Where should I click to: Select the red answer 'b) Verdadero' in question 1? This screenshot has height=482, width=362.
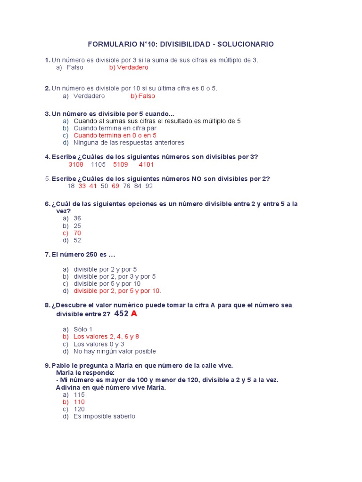(129, 67)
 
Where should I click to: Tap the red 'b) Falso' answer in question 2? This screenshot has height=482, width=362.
(143, 96)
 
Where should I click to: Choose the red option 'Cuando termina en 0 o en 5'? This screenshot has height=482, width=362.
(115, 135)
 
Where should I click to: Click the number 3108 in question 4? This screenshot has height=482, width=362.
(76, 164)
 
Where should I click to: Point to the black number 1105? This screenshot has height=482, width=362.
(98, 164)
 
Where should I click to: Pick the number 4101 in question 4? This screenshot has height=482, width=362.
(146, 164)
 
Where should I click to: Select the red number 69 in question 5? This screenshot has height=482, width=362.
(115, 186)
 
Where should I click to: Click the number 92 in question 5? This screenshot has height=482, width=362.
(149, 186)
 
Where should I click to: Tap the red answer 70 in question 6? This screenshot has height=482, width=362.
(77, 233)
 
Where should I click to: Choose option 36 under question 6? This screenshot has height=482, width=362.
(77, 218)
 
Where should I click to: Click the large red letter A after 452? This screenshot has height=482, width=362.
(134, 314)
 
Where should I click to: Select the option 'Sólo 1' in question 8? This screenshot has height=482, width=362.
(83, 329)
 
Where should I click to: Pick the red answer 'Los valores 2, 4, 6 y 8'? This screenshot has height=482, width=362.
(106, 337)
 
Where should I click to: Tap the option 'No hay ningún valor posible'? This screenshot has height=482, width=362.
(115, 351)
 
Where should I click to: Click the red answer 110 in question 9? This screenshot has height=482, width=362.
(79, 402)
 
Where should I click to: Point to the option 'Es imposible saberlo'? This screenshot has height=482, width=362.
(104, 417)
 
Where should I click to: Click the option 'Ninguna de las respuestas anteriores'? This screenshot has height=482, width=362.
(129, 143)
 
